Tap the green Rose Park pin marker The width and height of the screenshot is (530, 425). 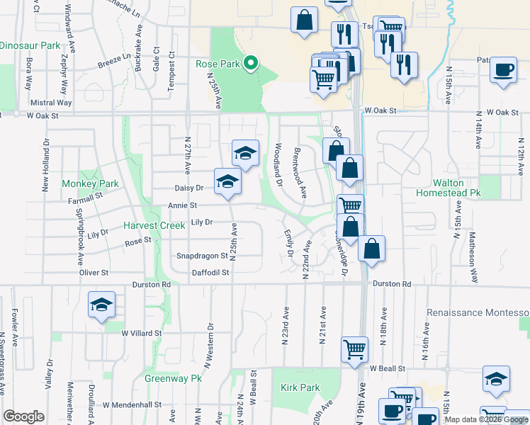250,64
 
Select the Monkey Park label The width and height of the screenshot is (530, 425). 90,183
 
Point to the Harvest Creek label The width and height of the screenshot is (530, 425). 154,225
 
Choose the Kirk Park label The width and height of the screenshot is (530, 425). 300,387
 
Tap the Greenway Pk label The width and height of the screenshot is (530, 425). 174,378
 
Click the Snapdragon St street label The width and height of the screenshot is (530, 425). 202,256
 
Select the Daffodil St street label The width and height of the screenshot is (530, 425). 210,272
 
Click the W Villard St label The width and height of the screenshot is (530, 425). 142,332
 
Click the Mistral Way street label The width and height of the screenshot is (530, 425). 52,103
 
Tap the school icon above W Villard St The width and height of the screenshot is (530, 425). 101,304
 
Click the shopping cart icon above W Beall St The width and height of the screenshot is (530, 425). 354,348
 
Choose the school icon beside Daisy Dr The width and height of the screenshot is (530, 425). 228,181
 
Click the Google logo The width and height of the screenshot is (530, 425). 23,416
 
